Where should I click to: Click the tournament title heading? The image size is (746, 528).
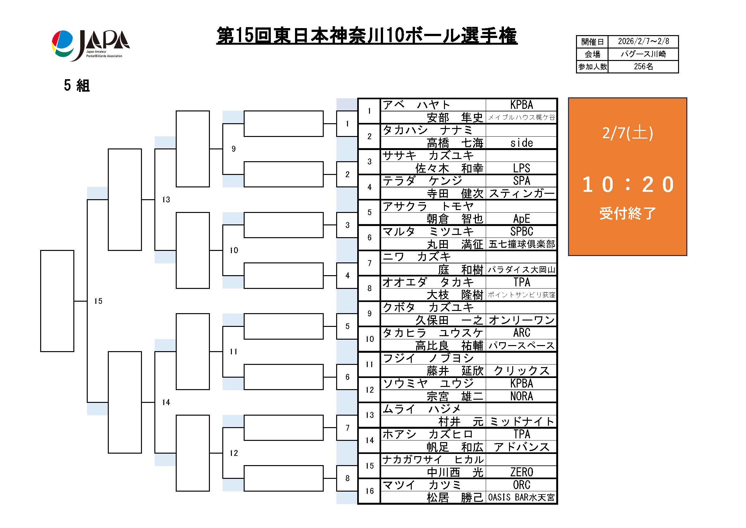366,36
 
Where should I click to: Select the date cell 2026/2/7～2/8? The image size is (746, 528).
643,41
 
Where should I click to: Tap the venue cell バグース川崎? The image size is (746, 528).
643,54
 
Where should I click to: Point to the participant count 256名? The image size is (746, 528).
643,66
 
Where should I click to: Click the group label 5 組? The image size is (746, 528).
77,86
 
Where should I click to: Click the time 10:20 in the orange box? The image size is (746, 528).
627,184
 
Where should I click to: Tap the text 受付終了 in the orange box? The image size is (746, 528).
627,213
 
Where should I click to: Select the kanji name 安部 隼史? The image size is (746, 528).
454,117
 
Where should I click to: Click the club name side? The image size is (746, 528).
521,143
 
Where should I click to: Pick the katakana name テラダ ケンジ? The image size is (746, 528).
422,181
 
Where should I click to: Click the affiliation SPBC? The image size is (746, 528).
521,231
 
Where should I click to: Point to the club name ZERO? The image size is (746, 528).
521,472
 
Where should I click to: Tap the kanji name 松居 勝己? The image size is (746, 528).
454,497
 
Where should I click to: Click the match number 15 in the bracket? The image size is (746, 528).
98,301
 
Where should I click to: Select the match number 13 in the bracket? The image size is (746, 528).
166,200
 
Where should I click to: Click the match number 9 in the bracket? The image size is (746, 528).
233,149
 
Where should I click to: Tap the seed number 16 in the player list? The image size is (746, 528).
369,491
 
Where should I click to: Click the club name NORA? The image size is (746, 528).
521,396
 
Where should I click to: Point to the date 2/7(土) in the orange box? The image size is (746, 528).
627,133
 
